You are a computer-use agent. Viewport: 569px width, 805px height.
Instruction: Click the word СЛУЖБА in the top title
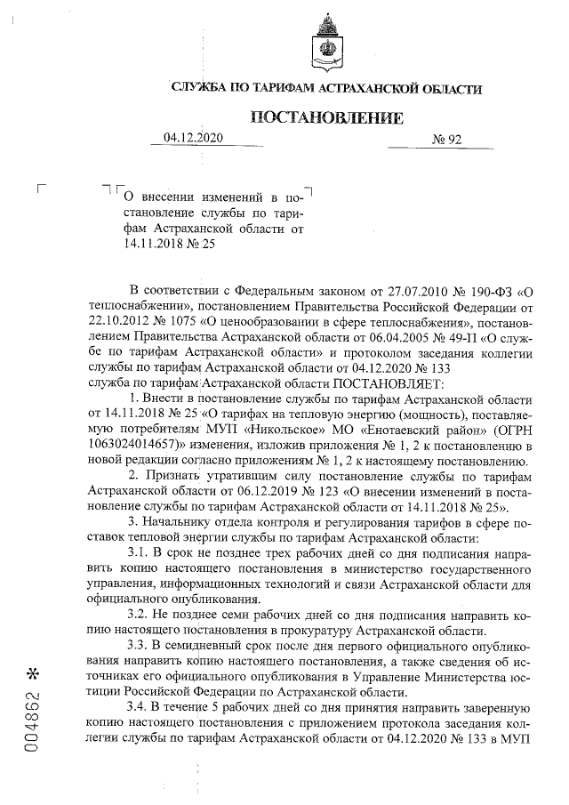click(x=202, y=88)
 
